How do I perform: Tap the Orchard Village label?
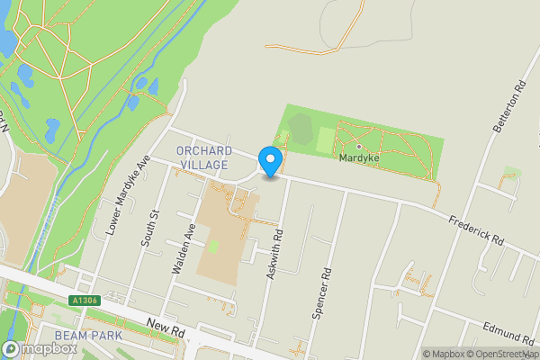tap(204, 158)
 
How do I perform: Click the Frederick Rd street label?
tap(477, 228)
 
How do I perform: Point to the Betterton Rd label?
tap(508, 110)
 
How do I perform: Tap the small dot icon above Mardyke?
tap(358, 145)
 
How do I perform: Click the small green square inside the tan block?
tap(213, 245)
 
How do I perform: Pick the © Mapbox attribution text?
tap(441, 354)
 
